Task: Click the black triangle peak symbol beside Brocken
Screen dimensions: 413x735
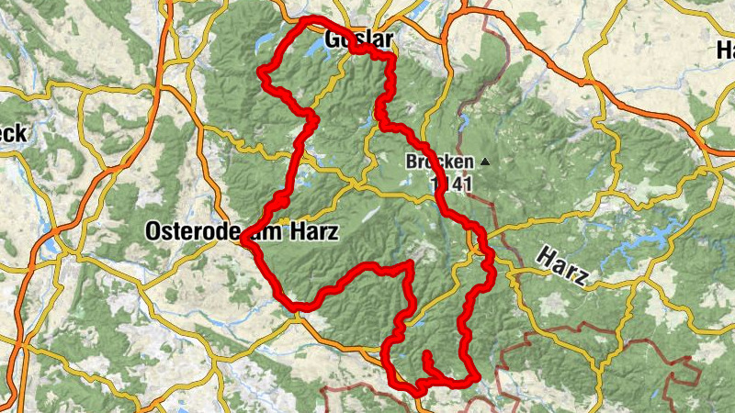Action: coord(484,162)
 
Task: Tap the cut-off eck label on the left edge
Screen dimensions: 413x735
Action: coord(13,134)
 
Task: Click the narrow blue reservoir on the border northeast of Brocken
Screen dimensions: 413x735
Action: coord(465,119)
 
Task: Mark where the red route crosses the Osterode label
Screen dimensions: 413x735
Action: coord(250,233)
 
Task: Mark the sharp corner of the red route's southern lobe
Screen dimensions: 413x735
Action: coord(408,266)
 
